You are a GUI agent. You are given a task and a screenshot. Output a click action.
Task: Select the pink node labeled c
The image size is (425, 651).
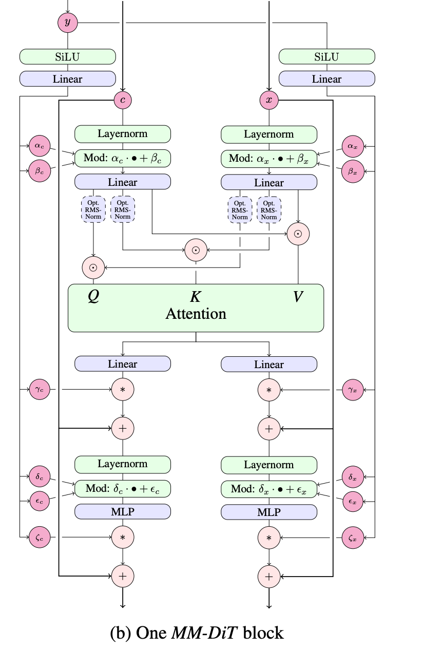123,100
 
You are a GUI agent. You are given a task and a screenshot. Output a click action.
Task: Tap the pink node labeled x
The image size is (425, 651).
268,100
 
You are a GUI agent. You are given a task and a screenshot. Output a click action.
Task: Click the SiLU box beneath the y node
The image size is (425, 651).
68,57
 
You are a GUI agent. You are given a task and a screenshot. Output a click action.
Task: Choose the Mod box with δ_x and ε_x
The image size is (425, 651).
268,488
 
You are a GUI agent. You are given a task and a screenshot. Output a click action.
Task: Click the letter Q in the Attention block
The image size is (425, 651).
93,297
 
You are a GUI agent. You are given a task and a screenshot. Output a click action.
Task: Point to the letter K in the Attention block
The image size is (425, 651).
196,297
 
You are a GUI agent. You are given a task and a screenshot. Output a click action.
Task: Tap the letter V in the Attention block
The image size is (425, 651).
298,297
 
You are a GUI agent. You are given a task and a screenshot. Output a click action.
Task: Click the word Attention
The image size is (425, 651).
196,314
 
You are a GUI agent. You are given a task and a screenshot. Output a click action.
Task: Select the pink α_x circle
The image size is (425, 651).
352,146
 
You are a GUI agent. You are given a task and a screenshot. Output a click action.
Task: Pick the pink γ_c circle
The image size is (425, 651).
40,390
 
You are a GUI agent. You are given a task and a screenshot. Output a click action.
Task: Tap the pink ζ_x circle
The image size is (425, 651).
352,538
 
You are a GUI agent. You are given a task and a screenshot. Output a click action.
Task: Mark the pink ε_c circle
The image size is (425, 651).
40,502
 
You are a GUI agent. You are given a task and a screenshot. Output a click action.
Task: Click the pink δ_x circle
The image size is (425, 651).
352,476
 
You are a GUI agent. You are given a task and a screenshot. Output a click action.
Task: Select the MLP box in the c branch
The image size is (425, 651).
123,511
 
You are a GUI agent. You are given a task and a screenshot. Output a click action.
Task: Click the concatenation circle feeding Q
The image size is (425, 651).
93,267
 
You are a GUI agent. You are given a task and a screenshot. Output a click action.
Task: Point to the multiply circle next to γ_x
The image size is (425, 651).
268,390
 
